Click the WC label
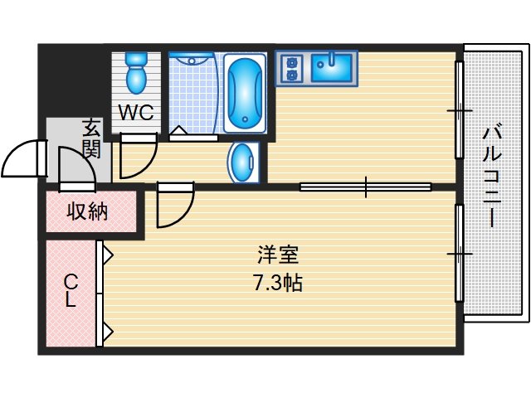[135, 114]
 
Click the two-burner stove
[290, 68]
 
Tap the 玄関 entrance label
[90, 138]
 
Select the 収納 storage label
[88, 212]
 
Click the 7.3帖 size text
[277, 283]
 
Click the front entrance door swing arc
[23, 158]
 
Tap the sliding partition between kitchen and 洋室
[365, 187]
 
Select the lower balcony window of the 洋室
[459, 253]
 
